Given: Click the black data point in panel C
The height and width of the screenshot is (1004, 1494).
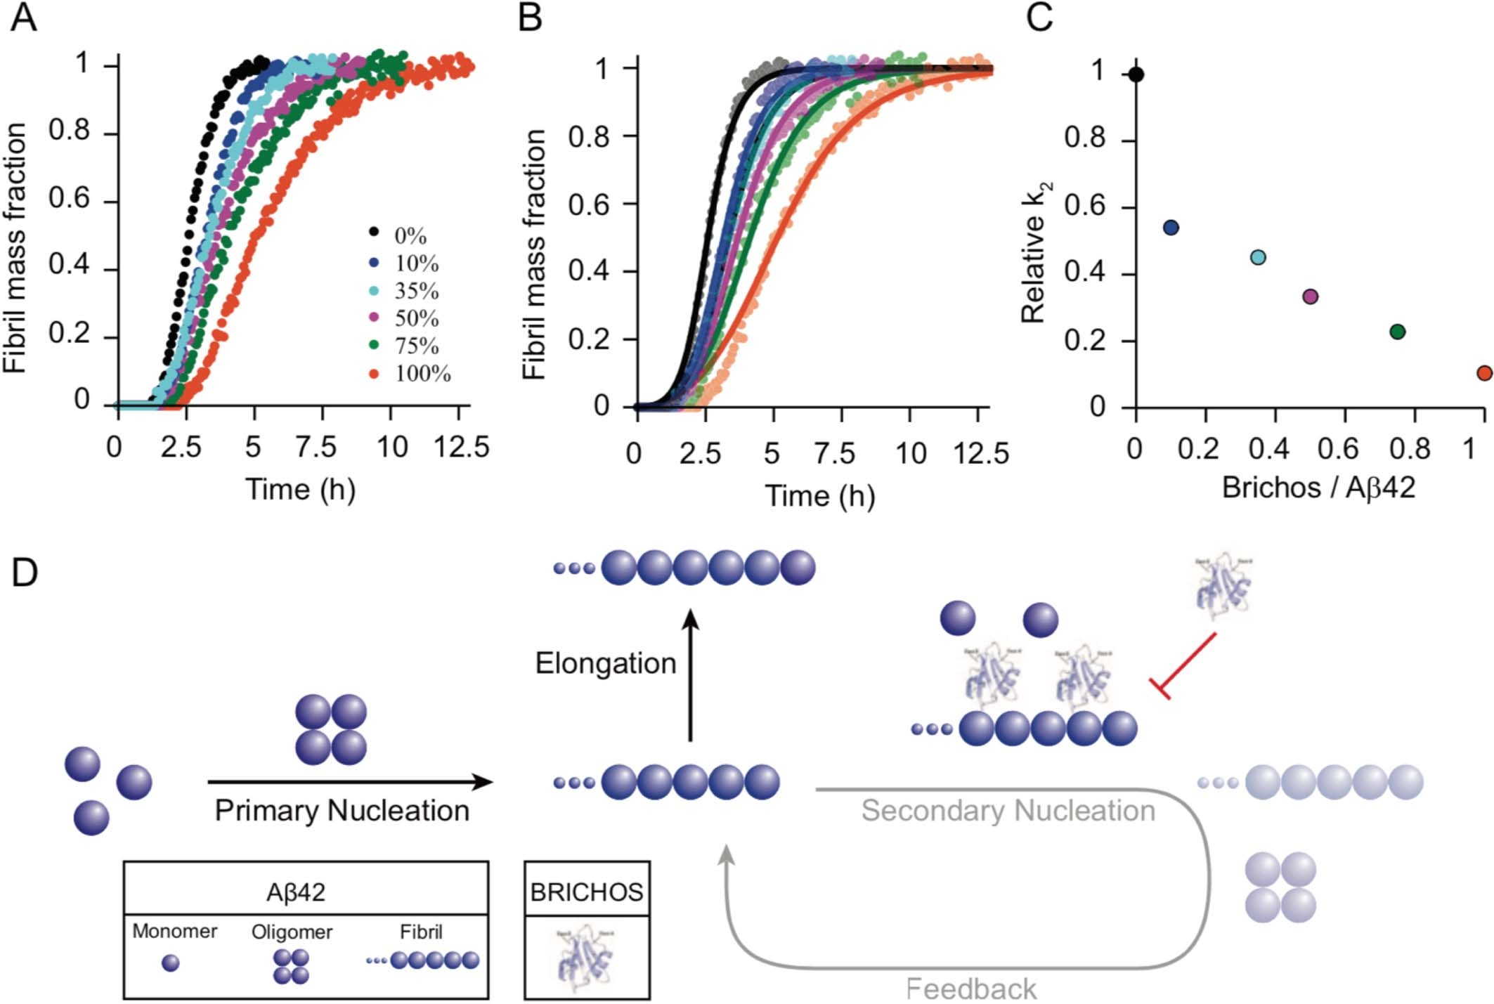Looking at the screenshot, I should click(1136, 74).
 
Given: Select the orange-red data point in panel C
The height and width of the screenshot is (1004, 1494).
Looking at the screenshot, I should click(1484, 373).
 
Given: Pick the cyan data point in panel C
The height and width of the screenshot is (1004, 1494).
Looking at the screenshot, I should click(1258, 257).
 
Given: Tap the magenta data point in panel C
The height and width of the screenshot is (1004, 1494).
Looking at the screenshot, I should click(1310, 296).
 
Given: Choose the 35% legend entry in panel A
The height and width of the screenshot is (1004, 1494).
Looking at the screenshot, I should click(405, 291).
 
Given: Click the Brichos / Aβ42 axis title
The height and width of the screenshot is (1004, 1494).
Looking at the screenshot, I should click(1318, 487).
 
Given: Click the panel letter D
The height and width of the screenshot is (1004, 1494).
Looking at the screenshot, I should click(25, 573).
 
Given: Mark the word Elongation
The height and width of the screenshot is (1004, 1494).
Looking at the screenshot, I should click(605, 663).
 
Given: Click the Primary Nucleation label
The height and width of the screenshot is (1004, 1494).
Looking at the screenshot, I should click(342, 810).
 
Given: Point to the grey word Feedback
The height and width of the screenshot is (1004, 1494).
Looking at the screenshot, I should click(970, 989).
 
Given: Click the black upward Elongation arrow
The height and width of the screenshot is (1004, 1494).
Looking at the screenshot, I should click(691, 674).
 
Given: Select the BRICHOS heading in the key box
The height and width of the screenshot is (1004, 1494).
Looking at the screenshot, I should click(586, 892).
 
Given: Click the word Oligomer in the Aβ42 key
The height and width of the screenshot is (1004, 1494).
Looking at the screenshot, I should click(292, 932).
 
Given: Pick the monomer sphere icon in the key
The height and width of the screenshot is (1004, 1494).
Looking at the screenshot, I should click(170, 963).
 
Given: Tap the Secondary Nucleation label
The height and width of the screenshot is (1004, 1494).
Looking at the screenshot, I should click(1008, 810).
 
